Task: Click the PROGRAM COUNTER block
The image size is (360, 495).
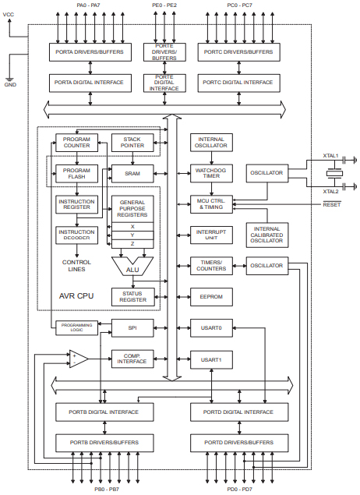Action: (76, 142)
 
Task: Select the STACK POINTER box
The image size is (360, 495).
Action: (132, 142)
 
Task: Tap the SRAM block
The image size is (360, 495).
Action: (132, 172)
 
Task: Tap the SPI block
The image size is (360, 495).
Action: (132, 328)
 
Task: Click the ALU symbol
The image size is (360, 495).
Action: (132, 267)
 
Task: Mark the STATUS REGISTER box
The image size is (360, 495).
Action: (132, 295)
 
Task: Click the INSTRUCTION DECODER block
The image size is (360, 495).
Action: (76, 235)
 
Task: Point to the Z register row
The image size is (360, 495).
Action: (132, 244)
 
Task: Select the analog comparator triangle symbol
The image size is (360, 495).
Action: (78, 359)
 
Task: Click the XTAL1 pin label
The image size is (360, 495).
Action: (331, 156)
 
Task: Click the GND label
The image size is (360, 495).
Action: (10, 84)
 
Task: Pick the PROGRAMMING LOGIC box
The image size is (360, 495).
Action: (76, 328)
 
